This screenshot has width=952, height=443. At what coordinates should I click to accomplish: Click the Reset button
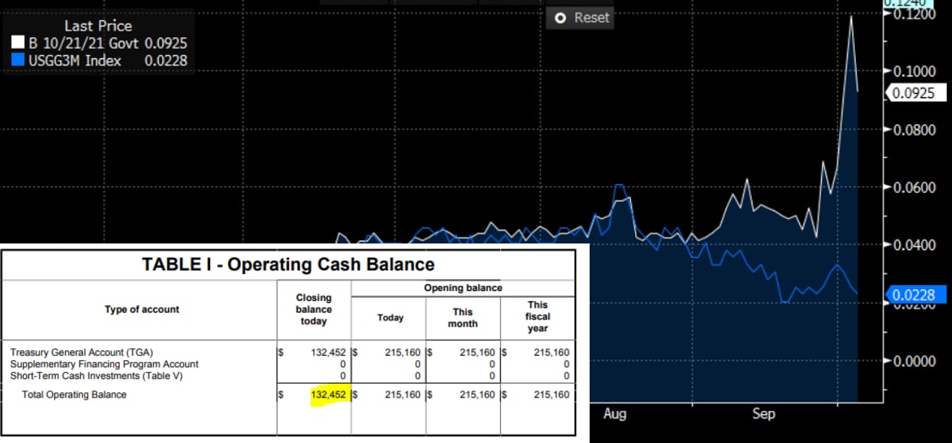tap(581, 18)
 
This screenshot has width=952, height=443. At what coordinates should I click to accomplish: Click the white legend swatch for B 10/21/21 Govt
tap(17, 41)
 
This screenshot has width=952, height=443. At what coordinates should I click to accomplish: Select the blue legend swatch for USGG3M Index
tap(17, 60)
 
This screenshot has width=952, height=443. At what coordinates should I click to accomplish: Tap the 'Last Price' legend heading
tap(98, 25)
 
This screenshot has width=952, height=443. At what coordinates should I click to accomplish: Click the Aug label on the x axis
tap(615, 414)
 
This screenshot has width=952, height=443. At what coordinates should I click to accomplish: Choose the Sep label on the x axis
tap(763, 414)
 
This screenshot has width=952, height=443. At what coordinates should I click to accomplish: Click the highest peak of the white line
tap(851, 16)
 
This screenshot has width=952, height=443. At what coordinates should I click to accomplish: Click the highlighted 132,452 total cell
tap(324, 395)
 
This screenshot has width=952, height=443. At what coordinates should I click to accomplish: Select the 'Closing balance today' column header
tap(313, 309)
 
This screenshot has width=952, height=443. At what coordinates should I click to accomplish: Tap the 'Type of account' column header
tap(142, 309)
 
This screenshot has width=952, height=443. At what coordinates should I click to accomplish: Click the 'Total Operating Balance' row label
tap(75, 395)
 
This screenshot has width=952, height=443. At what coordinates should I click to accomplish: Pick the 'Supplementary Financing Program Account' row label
tap(104, 364)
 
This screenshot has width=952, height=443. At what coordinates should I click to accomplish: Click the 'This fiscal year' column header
tap(538, 316)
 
